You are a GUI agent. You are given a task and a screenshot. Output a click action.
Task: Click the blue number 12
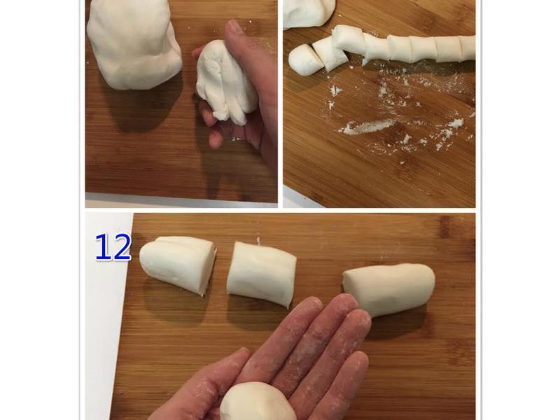tap(113, 247)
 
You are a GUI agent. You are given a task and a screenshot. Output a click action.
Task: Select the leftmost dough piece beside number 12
tap(178, 264)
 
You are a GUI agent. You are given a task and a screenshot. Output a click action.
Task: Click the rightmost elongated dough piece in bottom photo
tap(389, 287)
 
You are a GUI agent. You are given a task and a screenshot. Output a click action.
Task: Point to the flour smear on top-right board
tap(367, 127)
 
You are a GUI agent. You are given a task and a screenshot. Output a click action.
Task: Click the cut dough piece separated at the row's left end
tap(305, 59)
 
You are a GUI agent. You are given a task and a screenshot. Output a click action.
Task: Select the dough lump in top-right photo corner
tap(308, 12)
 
